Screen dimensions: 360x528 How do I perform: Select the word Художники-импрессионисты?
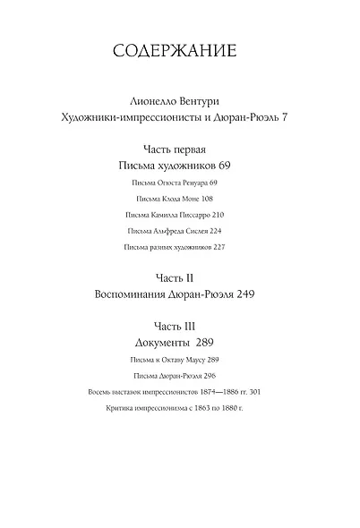pos(137,119)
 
